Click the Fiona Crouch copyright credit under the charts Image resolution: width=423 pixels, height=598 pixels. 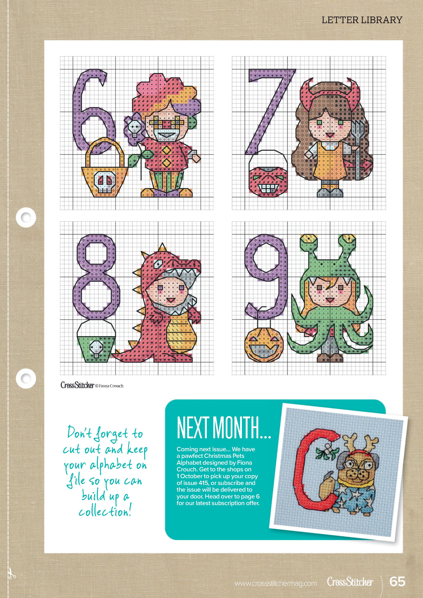[109, 386]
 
